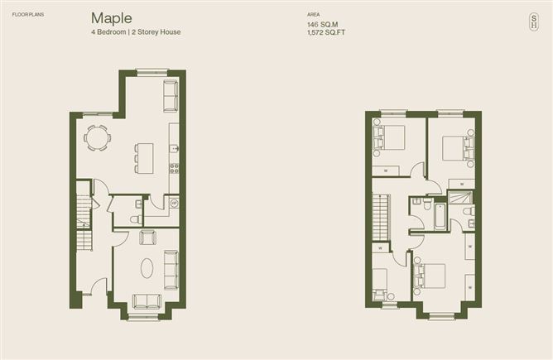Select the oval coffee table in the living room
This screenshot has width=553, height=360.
pyautogui.click(x=147, y=268)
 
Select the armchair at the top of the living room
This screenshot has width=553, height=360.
pyautogui.click(x=147, y=238)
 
